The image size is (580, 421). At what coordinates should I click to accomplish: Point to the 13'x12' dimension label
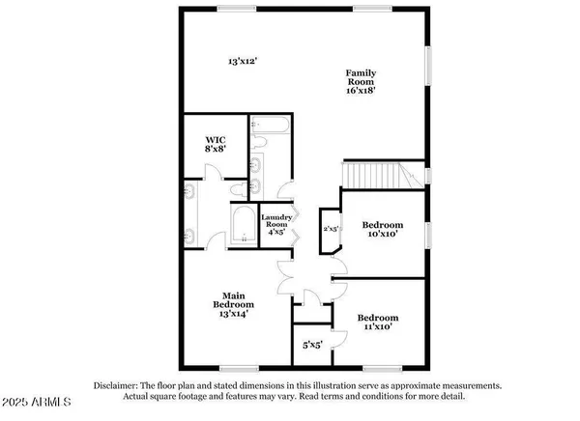pyautogui.click(x=242, y=61)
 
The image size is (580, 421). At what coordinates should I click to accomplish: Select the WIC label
pyautogui.click(x=214, y=137)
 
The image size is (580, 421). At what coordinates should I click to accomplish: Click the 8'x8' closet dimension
pyautogui.click(x=214, y=150)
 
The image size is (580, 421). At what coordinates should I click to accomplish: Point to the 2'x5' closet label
pyautogui.click(x=330, y=229)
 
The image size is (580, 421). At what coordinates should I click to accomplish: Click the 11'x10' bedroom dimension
pyautogui.click(x=377, y=329)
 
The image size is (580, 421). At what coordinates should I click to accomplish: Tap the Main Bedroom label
pyautogui.click(x=232, y=300)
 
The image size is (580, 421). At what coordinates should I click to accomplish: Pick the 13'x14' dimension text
pyautogui.click(x=232, y=313)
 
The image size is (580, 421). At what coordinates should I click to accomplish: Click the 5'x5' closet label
pyautogui.click(x=310, y=343)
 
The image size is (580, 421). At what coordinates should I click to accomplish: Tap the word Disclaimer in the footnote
pyautogui.click(x=119, y=384)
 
